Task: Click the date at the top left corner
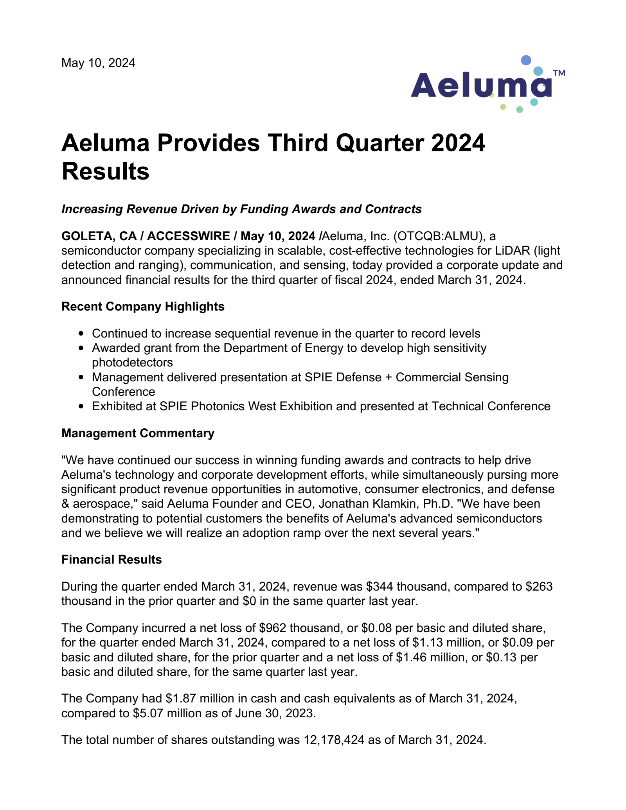pos(98,63)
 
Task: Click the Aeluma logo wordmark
pos(481,85)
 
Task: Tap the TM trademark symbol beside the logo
pos(559,73)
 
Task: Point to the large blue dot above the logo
pos(526,60)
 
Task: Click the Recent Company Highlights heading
pos(143,306)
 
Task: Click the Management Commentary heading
pos(138,433)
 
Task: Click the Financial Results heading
pos(112,559)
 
